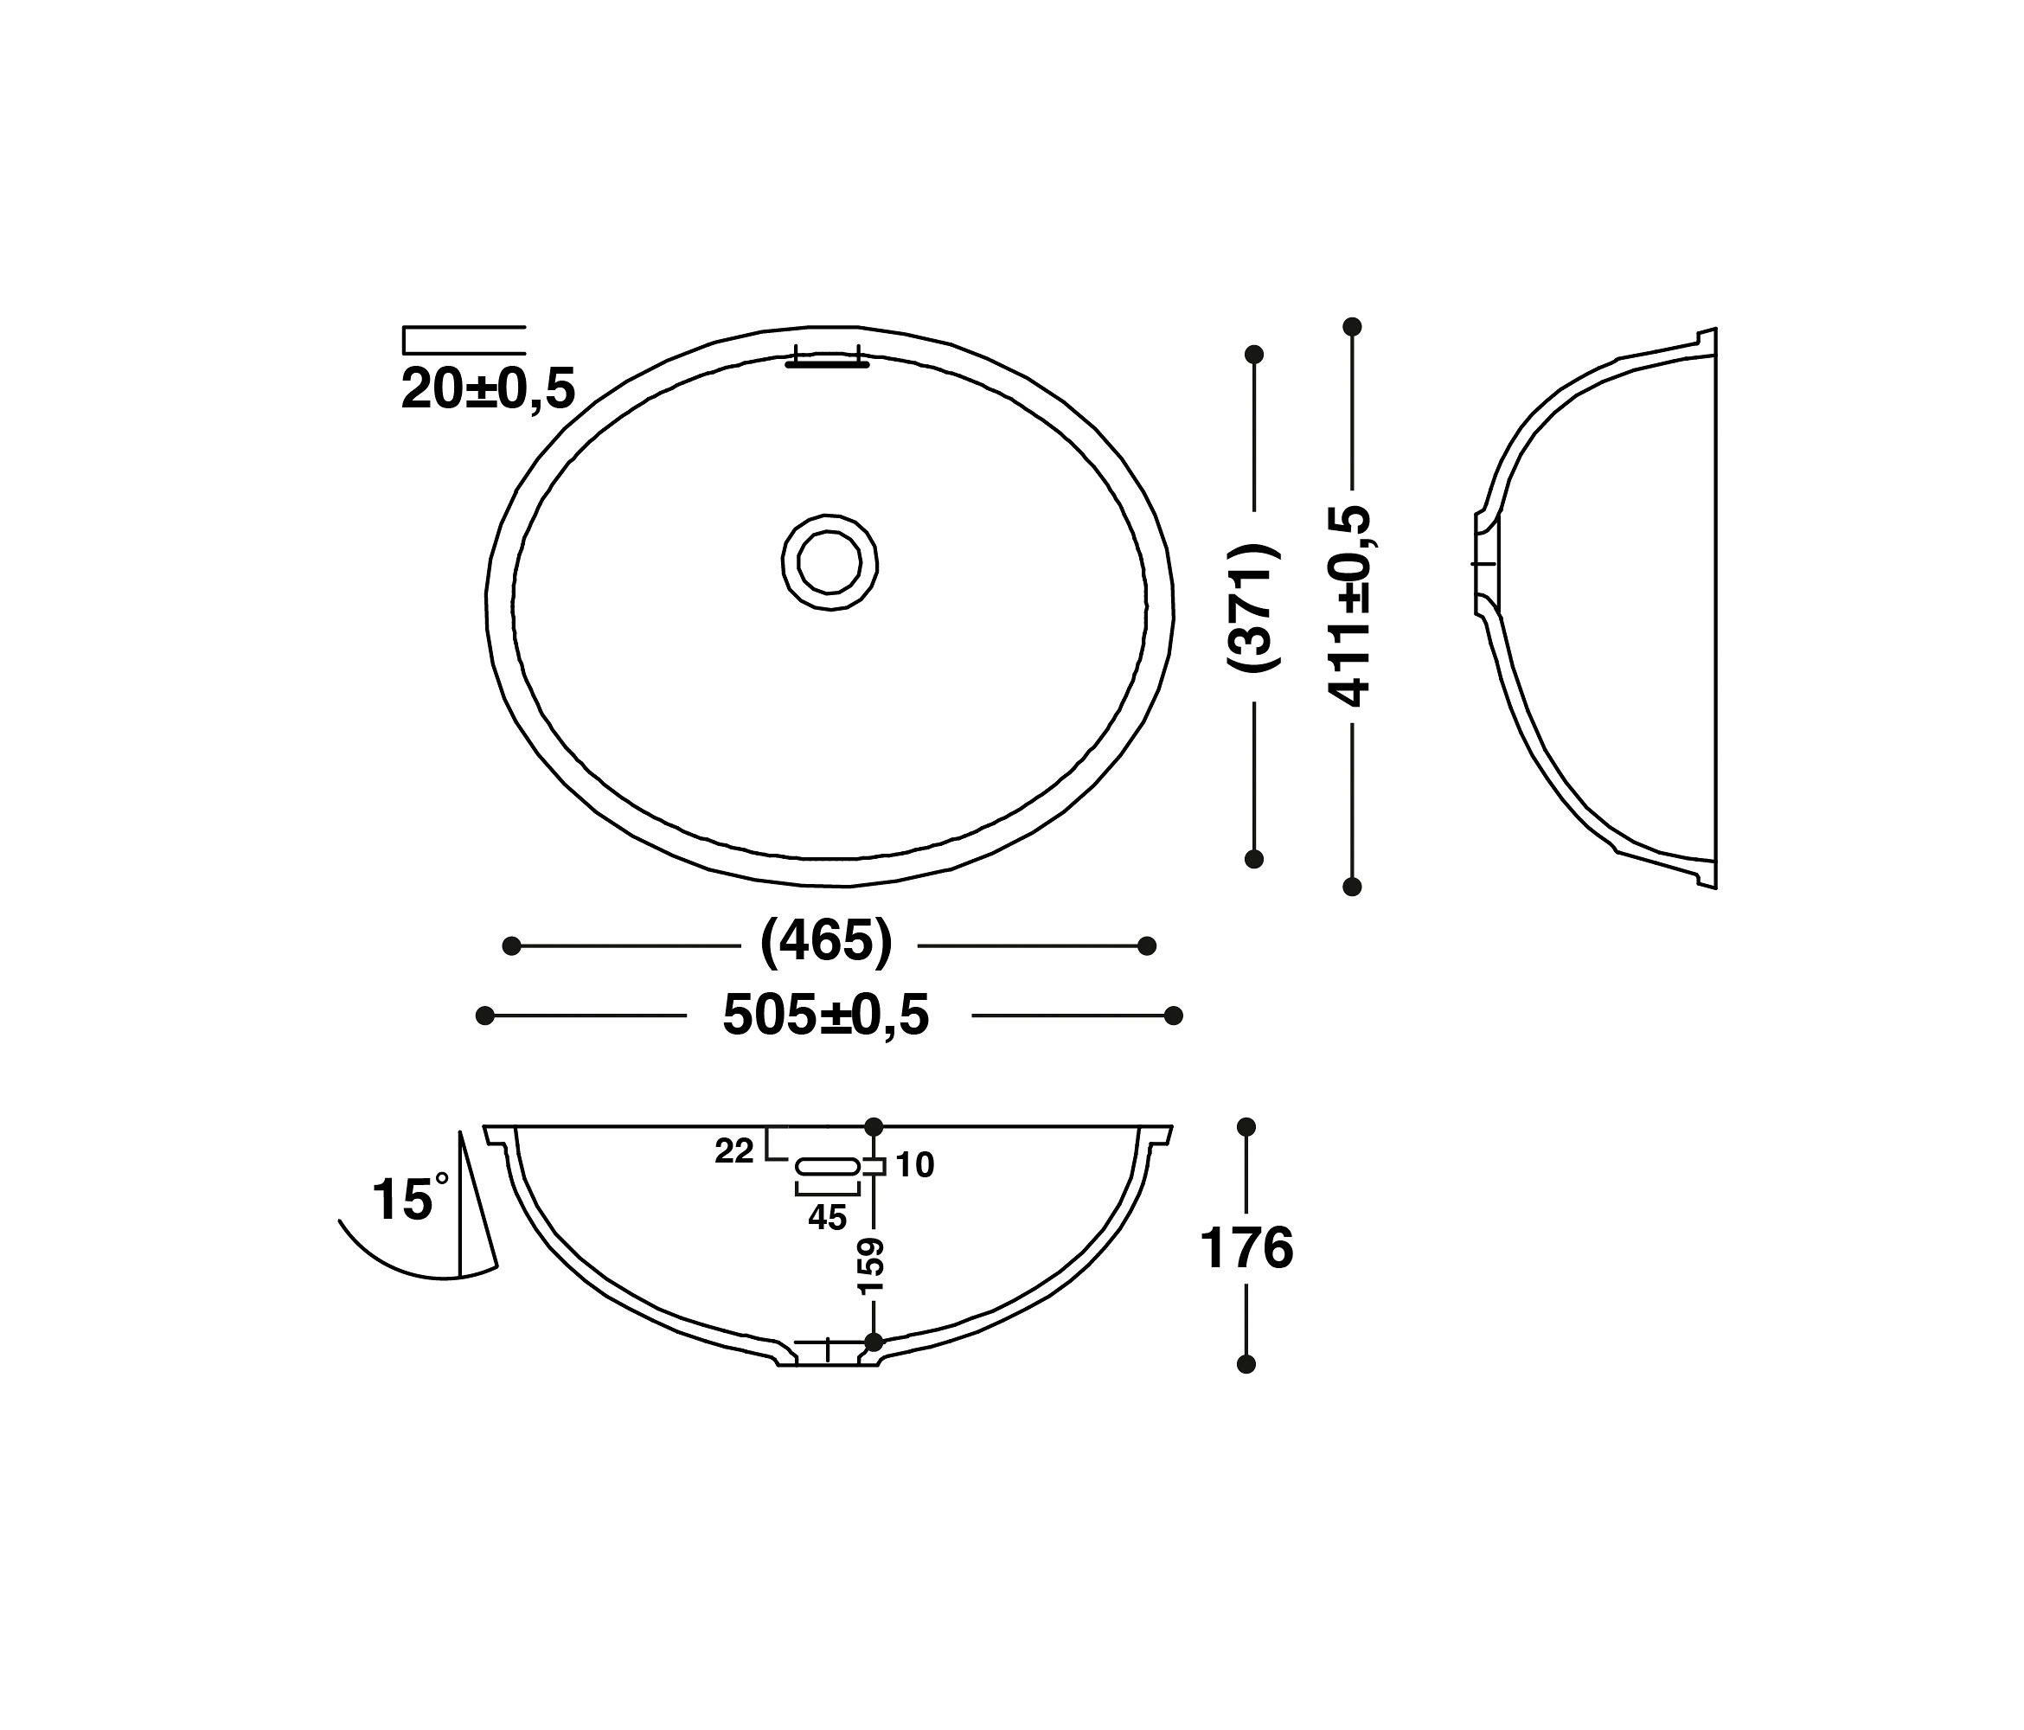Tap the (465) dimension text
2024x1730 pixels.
pos(826,944)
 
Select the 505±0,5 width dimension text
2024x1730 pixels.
pos(826,1015)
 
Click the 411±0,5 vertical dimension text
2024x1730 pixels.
pos(1352,605)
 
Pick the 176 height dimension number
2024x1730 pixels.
pos(1246,1248)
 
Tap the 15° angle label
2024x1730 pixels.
pos(408,1199)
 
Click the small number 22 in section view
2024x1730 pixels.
pos(733,1151)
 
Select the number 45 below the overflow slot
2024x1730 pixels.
pos(828,1217)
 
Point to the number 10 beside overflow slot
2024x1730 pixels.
pos(915,1164)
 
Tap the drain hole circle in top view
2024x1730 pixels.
pos(829,562)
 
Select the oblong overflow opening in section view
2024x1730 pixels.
pos(828,1165)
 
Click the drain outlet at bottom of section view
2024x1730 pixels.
pos(828,1353)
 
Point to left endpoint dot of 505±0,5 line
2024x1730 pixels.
pos(484,1016)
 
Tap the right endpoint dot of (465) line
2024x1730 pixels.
pos(1148,945)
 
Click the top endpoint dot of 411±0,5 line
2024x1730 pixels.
pos(1352,326)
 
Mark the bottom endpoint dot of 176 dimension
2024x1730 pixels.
pos(1246,1364)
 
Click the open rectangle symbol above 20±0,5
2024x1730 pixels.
pos(464,340)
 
